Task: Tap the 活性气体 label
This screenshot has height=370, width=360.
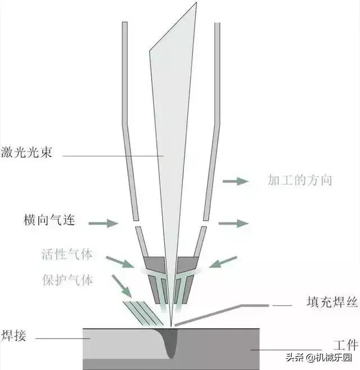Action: click(x=66, y=254)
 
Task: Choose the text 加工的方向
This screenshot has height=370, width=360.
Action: click(x=299, y=180)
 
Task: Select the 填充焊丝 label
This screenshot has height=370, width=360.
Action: click(x=331, y=302)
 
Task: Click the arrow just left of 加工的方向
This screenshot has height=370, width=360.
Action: click(x=236, y=181)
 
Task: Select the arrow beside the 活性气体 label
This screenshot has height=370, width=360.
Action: click(x=120, y=262)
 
